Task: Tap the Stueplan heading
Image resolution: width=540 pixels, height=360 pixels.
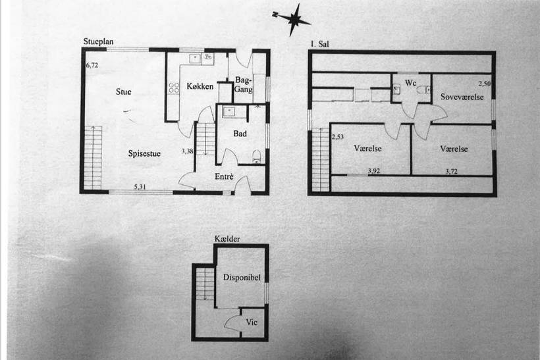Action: pos(98,41)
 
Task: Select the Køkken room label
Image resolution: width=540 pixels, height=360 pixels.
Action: pos(200,86)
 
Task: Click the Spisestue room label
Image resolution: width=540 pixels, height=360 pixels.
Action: pos(144,153)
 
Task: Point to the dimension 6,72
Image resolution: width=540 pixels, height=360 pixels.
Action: pos(92,65)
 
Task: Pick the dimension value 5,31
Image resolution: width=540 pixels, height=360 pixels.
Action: pos(140,187)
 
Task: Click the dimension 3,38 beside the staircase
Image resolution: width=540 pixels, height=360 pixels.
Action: pos(187,151)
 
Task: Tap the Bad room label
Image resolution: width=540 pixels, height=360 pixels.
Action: pos(240,134)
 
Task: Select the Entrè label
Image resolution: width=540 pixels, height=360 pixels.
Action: pos(224,176)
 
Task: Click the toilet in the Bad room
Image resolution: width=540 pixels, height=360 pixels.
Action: pos(257,157)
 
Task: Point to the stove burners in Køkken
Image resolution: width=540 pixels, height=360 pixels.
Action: pos(174,88)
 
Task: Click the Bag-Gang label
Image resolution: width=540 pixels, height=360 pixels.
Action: pos(244,85)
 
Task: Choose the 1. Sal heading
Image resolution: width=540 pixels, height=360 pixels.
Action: pos(319,44)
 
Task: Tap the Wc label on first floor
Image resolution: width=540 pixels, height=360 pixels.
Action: pos(410,83)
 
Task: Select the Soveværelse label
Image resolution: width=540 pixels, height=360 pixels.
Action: pos(462,97)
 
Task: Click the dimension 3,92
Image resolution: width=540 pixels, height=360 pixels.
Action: pos(374,170)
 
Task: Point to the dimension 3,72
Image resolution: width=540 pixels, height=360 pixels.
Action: pos(452,171)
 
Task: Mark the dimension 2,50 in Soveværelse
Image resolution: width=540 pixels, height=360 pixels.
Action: pos(485,84)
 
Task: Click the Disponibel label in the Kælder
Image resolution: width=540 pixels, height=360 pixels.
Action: pos(242,277)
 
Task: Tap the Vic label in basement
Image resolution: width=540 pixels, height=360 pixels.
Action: pos(252,322)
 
